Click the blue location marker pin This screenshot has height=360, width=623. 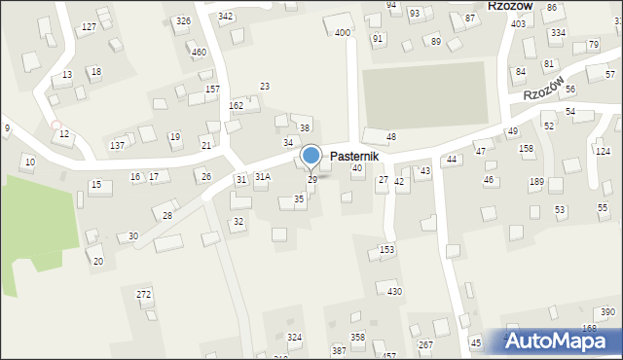tap(311, 156)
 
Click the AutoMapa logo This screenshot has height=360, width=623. tap(560, 341)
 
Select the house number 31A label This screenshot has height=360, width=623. tap(262, 177)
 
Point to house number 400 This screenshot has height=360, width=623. tap(342, 33)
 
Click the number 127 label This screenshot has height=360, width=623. tap(89, 26)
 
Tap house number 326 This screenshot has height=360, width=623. tap(183, 20)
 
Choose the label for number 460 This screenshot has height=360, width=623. tap(199, 52)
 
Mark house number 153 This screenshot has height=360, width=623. tap(386, 250)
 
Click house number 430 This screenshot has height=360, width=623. tap(394, 291)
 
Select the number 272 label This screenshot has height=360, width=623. tap(144, 294)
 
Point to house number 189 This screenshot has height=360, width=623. tap(536, 182)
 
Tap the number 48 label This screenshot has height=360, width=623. tap(391, 136)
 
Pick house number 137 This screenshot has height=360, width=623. tap(117, 145)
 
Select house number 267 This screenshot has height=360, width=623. tap(425, 345)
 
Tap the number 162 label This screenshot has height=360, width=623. tap(236, 105)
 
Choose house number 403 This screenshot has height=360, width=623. tap(518, 23)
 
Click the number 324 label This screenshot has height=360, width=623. tap(294, 337)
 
